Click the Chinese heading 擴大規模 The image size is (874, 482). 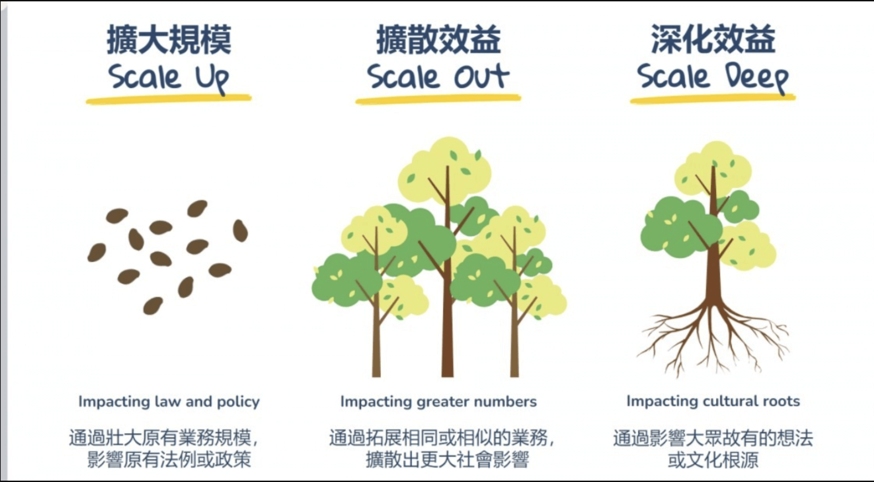tap(169, 39)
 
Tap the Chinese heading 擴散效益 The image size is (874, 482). tap(438, 39)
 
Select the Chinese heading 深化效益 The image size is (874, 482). tap(713, 39)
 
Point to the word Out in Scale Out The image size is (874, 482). tap(482, 76)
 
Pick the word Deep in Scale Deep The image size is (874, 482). tap(757, 79)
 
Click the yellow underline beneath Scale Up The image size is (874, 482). tap(169, 99)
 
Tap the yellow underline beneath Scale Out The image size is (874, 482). tap(438, 99)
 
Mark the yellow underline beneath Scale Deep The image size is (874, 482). tap(713, 99)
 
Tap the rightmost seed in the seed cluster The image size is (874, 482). tap(240, 231)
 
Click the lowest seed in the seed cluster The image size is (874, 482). tap(153, 306)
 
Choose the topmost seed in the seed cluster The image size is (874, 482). tap(197, 208)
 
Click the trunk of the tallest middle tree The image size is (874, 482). tap(448, 288)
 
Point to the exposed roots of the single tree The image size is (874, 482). tap(712, 339)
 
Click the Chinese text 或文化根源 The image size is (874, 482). tap(713, 460)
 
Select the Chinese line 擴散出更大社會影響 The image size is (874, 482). tap(447, 460)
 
